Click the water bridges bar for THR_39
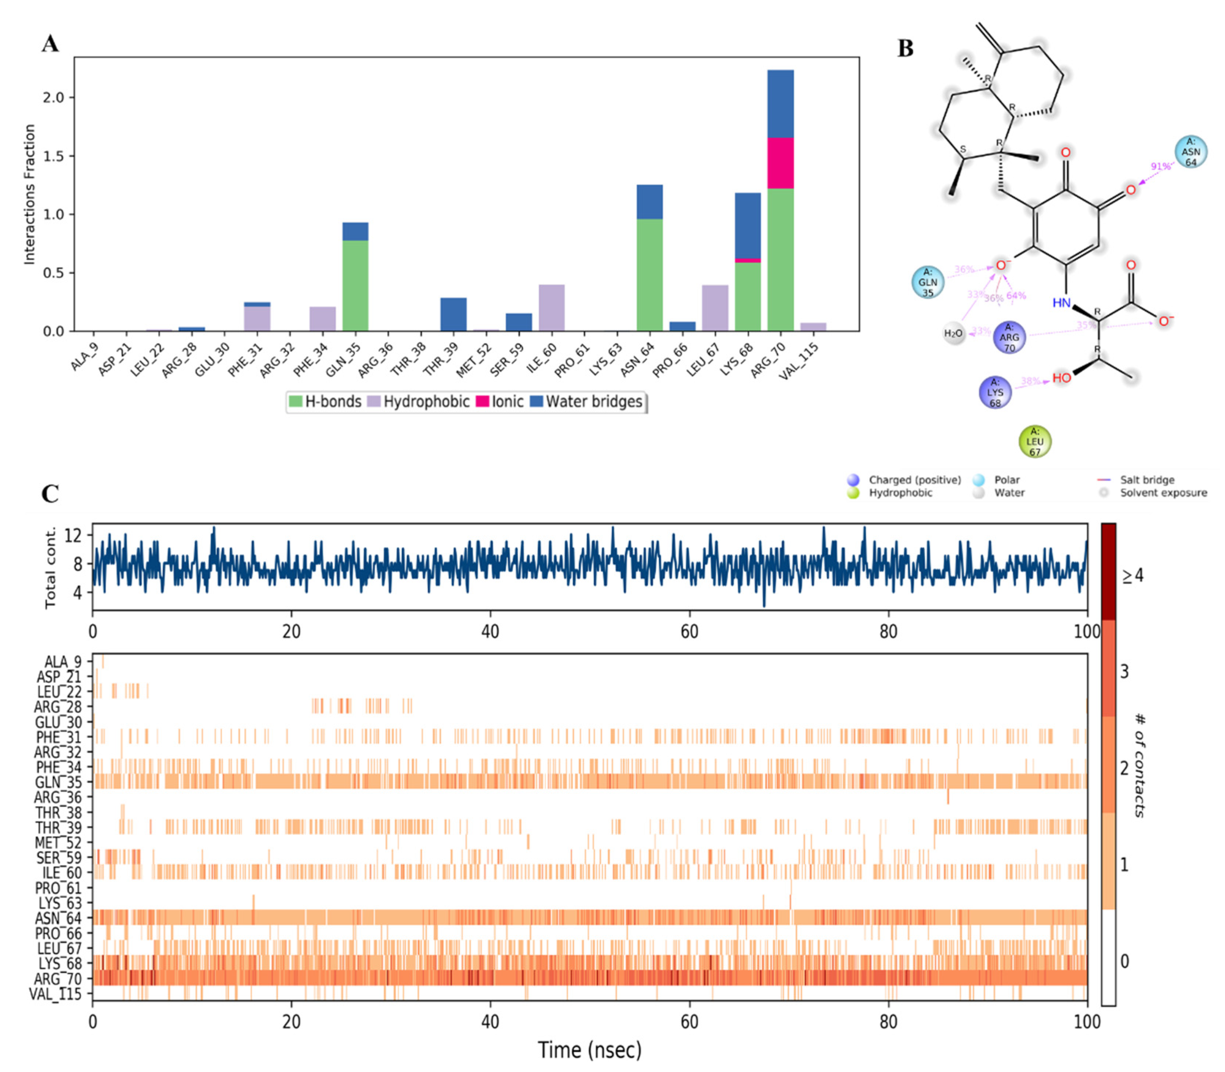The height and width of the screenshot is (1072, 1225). point(453,314)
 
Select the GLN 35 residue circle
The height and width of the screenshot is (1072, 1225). point(928,282)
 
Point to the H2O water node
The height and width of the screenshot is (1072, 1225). point(953,333)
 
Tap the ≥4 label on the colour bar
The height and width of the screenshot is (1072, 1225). point(1132,575)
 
